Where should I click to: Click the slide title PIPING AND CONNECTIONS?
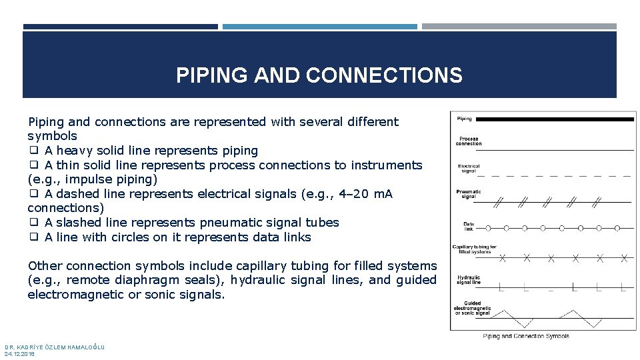point(319,75)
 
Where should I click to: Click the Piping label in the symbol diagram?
point(465,119)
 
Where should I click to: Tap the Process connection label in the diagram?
point(469,141)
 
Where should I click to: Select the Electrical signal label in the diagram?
point(469,169)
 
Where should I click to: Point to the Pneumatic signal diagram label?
point(469,194)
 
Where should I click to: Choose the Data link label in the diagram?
point(469,227)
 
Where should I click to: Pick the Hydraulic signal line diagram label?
point(469,279)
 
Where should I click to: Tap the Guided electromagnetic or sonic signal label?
point(472,308)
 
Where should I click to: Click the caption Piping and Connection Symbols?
point(526,337)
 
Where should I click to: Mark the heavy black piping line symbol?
point(557,119)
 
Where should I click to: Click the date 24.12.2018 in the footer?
point(19,354)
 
